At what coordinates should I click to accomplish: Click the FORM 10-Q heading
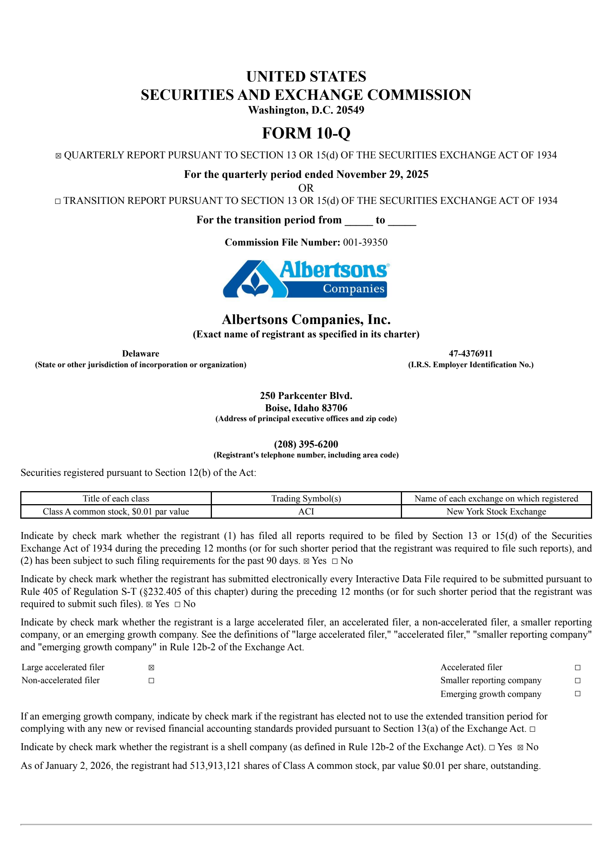[x=306, y=133]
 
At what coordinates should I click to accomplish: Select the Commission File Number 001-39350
[x=365, y=242]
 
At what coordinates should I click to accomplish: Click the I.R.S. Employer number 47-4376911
[x=470, y=353]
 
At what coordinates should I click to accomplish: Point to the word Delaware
[x=140, y=353]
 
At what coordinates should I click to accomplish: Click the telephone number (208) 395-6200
[x=306, y=444]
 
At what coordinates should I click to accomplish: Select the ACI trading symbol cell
[x=306, y=511]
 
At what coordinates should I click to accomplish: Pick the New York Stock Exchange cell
[x=496, y=511]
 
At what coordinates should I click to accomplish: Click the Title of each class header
[x=116, y=498]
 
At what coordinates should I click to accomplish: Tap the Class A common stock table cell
[x=116, y=511]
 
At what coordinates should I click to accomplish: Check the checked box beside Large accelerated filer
[x=151, y=667]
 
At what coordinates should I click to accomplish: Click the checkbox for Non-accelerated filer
[x=151, y=680]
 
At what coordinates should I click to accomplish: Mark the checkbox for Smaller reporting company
[x=578, y=680]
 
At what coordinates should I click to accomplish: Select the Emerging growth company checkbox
[x=578, y=693]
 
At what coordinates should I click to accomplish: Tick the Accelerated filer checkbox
[x=578, y=667]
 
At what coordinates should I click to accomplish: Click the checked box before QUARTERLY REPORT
[x=58, y=156]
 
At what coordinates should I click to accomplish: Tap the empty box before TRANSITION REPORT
[x=58, y=201]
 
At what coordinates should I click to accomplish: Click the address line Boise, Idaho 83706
[x=306, y=408]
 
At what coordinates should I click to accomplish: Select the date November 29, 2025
[x=382, y=174]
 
